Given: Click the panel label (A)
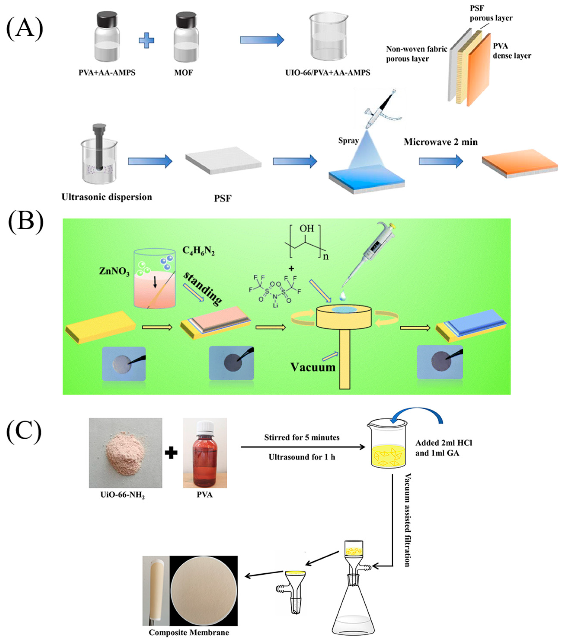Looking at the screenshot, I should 24,29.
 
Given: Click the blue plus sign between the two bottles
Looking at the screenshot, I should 147,40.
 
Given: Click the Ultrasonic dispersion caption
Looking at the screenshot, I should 107,197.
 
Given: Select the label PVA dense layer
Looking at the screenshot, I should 511,51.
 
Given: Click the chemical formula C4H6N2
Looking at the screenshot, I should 198,251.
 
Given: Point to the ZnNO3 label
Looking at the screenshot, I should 114,271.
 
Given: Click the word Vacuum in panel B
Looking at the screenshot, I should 313,367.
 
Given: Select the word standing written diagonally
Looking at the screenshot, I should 203,288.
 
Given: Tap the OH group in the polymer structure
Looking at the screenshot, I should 307,228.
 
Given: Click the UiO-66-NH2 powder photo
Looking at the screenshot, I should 125,453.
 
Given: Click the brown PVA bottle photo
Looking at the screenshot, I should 205,453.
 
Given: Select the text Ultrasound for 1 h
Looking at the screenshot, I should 302,457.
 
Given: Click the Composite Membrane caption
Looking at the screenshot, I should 189,632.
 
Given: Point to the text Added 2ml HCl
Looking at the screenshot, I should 444,443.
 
